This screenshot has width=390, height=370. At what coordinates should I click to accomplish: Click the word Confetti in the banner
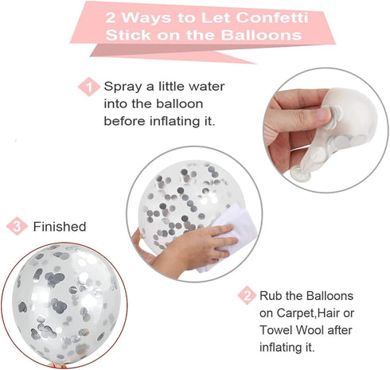point(272,18)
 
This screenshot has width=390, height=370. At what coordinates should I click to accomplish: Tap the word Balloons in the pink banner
point(262,35)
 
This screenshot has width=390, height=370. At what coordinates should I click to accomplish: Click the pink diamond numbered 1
point(89,87)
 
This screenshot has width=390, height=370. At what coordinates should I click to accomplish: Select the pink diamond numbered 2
point(247,295)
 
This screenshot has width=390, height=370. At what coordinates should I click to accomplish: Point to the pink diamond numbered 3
point(17,226)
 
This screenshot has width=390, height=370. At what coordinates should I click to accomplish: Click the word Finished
point(60,227)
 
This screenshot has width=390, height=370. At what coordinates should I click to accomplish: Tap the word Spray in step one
point(123,87)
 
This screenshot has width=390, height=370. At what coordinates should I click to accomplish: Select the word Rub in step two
point(271,295)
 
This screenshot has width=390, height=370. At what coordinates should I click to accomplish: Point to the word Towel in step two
point(276,330)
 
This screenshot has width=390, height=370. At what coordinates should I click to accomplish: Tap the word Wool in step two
point(310,330)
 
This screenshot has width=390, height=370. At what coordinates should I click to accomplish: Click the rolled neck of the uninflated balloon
point(301,173)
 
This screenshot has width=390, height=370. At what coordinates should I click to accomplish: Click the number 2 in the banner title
point(111,18)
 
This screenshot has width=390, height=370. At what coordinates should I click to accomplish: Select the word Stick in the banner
point(128,35)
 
